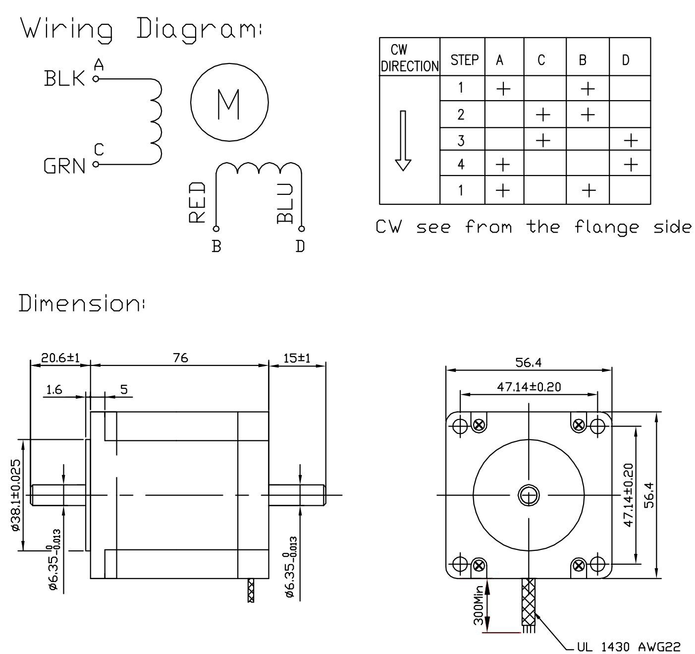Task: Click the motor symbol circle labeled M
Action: coord(229,103)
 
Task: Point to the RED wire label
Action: coord(198,202)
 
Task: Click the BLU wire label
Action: coord(286,203)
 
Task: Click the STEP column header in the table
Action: coord(464,60)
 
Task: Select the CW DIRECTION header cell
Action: coord(410,58)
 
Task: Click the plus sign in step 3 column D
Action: coord(631,141)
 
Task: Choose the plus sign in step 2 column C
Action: coord(543,115)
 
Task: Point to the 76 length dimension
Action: coord(181,357)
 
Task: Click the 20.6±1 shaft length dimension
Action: coord(60,357)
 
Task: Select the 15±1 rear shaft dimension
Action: coord(297,357)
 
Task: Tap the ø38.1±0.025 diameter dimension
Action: coord(15,495)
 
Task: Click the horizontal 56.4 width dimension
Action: coord(528,362)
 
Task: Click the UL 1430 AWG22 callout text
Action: coord(629,647)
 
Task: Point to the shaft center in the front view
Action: coord(529,495)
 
